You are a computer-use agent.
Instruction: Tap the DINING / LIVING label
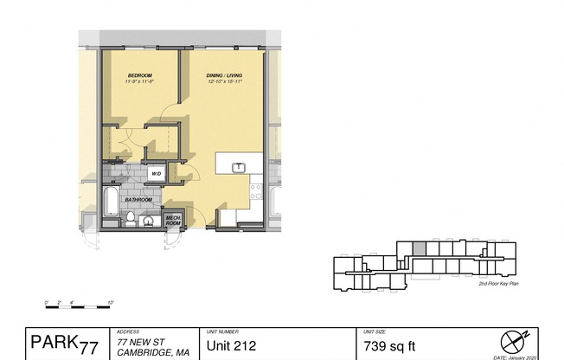[224, 76]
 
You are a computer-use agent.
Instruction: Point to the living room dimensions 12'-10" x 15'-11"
[224, 82]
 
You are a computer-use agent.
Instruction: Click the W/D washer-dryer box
[157, 174]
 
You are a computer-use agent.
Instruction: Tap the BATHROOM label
[138, 200]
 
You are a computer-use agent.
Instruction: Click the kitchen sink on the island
[237, 168]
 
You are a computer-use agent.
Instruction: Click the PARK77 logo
[64, 344]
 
